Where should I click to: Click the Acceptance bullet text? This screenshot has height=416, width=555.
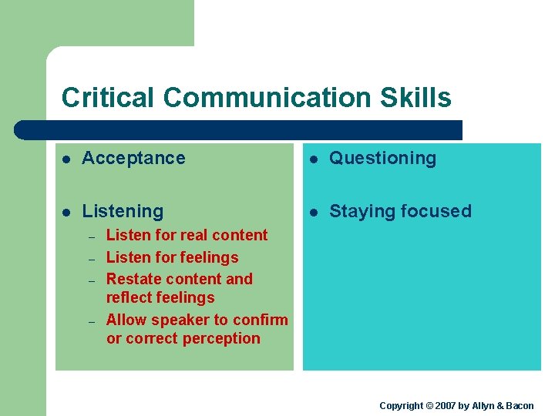pyautogui.click(x=133, y=158)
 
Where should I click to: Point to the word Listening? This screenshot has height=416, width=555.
pyautogui.click(x=123, y=211)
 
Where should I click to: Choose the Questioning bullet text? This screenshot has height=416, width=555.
pyautogui.click(x=382, y=158)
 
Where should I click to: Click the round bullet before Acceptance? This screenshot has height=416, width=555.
pyautogui.click(x=67, y=159)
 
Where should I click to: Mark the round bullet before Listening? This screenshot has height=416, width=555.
pyautogui.click(x=67, y=212)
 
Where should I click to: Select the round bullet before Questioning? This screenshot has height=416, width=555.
pyautogui.click(x=314, y=159)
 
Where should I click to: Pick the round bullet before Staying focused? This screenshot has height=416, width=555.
pyautogui.click(x=314, y=212)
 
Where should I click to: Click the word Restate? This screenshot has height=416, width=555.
pyautogui.click(x=130, y=279)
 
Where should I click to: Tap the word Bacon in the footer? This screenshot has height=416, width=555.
pyautogui.click(x=519, y=405)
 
